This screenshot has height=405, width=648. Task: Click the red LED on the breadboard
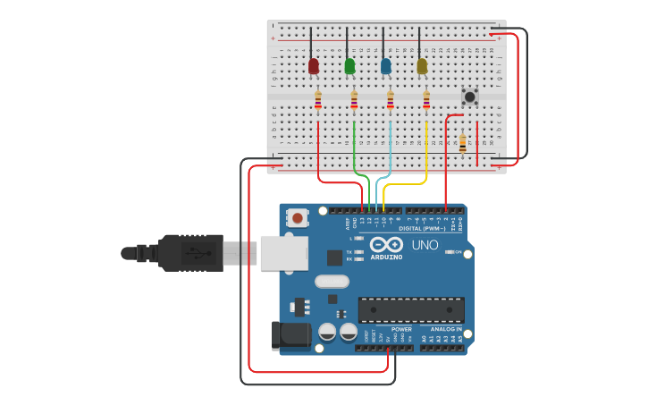(x=314, y=66)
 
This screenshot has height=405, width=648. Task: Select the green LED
(x=349, y=66)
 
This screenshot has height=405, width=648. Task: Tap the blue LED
(x=386, y=66)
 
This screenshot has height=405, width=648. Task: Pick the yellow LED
(x=422, y=66)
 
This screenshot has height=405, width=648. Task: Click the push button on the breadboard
(x=469, y=96)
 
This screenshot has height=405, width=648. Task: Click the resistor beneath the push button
(x=462, y=142)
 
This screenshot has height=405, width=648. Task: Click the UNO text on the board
(x=425, y=245)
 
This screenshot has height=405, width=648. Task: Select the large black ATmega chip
(x=411, y=309)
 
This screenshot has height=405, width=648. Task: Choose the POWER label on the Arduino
(x=401, y=329)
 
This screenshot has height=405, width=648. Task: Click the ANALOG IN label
(x=447, y=329)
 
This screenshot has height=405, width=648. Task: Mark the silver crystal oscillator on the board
(x=331, y=282)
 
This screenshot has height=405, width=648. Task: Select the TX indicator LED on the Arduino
(x=359, y=252)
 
